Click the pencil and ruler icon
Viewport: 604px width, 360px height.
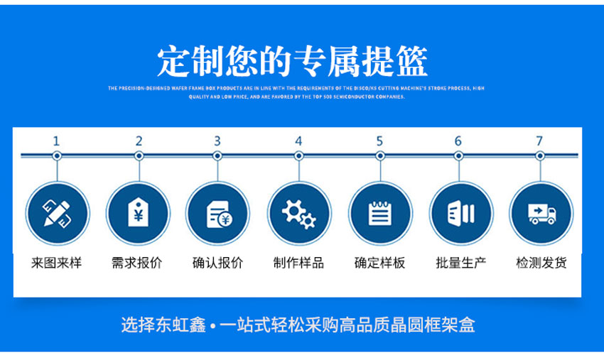[57, 213]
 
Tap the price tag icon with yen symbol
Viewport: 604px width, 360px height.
[138, 213]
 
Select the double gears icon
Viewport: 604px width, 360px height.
[298, 213]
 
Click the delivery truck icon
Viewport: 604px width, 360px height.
[541, 213]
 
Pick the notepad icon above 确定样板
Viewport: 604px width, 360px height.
[379, 213]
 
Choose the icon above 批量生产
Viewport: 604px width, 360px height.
[460, 213]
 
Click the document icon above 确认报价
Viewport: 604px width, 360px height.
[217, 213]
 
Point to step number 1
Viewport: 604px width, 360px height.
[57, 141]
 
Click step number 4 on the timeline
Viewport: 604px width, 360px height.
[298, 141]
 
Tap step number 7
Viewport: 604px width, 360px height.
[540, 141]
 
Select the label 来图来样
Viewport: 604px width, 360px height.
[57, 263]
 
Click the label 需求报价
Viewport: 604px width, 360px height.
[137, 263]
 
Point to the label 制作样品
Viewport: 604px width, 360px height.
[298, 263]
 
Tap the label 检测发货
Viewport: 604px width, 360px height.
[541, 263]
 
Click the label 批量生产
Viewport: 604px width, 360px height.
[460, 263]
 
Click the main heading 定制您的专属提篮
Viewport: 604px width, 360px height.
[292, 62]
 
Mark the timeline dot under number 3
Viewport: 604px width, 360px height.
[217, 156]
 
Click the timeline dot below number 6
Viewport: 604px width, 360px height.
[459, 156]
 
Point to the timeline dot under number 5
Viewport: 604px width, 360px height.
[379, 156]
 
